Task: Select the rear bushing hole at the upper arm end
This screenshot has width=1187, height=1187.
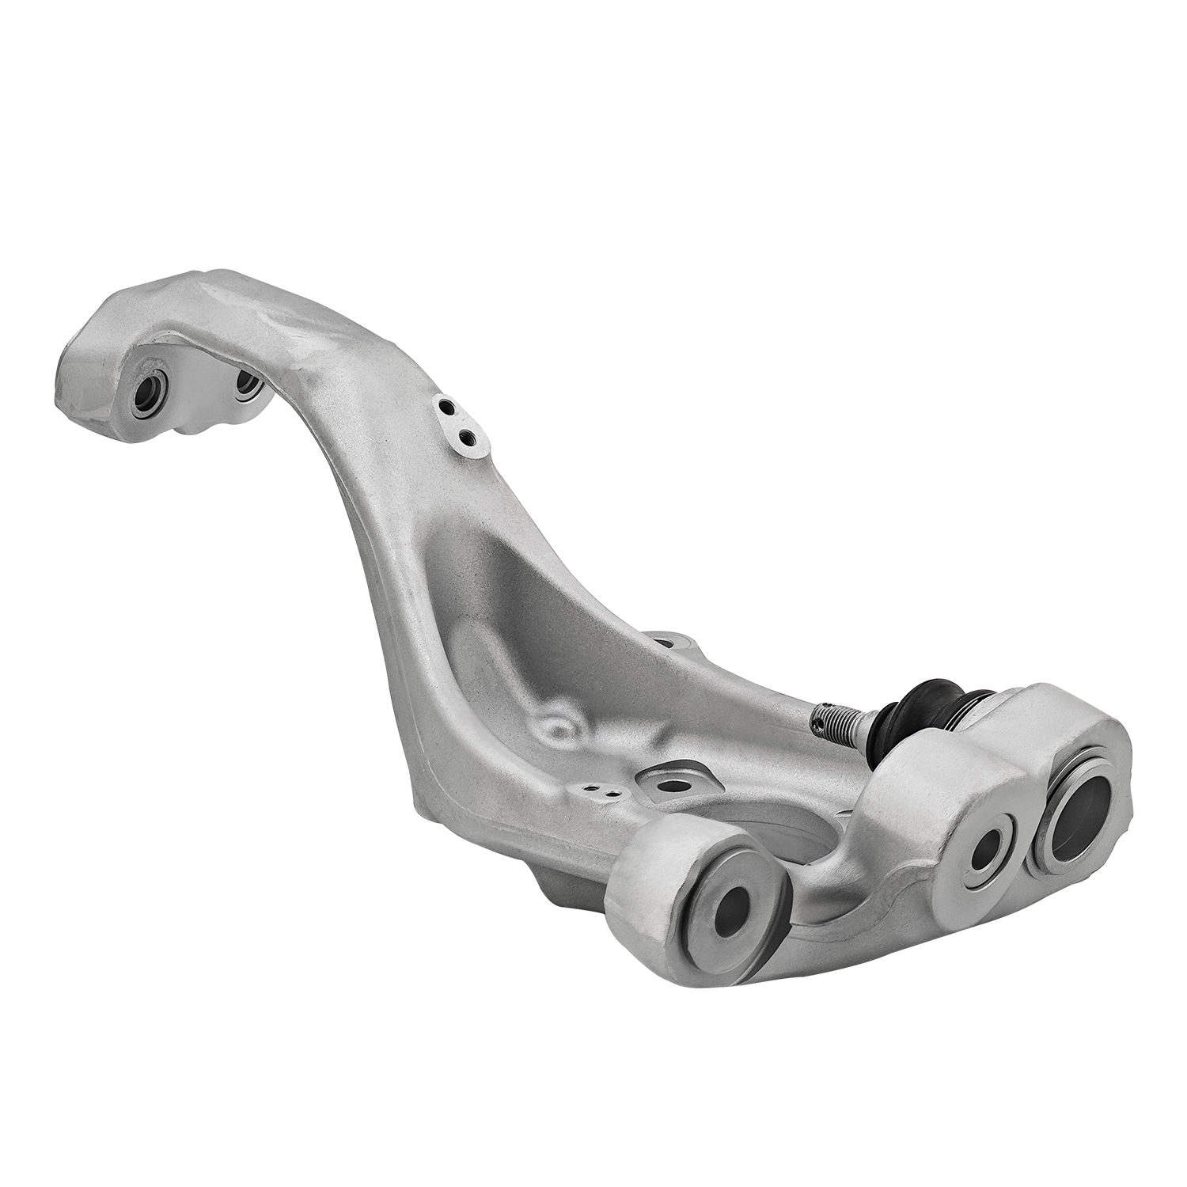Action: pos(248,381)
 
